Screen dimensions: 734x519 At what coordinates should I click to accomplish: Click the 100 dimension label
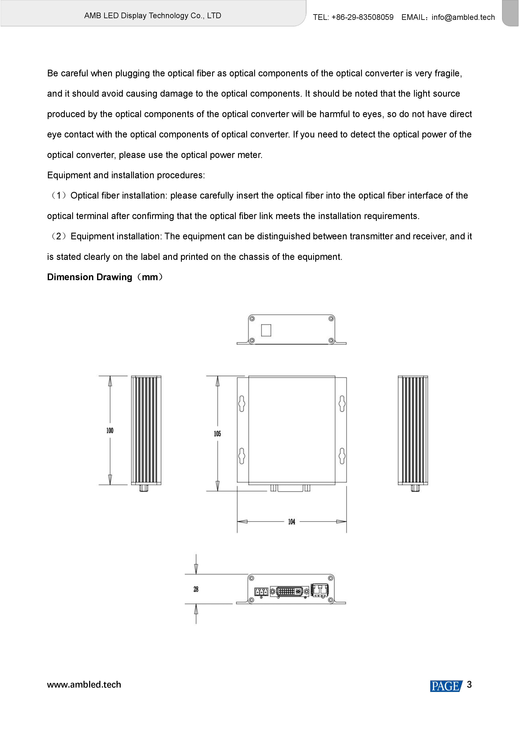click(x=110, y=430)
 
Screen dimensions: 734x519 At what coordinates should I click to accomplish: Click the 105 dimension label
click(x=217, y=434)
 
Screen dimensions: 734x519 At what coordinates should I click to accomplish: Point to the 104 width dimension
click(x=291, y=522)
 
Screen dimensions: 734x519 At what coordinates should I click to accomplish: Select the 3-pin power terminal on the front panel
click(x=261, y=592)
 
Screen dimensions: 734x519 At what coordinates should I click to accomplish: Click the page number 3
click(x=469, y=684)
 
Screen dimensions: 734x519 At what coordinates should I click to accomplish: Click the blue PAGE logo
click(x=446, y=686)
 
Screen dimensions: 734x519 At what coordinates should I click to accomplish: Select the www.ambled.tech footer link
click(x=84, y=684)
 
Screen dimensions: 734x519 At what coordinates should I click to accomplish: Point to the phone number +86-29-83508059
click(x=362, y=17)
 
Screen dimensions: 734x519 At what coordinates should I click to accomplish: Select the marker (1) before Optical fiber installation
click(x=59, y=195)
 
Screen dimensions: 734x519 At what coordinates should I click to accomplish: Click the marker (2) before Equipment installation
click(x=59, y=236)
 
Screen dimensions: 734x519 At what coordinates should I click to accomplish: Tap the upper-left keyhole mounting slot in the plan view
click(x=242, y=404)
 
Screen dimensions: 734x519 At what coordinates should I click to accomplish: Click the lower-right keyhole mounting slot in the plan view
click(x=342, y=456)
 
